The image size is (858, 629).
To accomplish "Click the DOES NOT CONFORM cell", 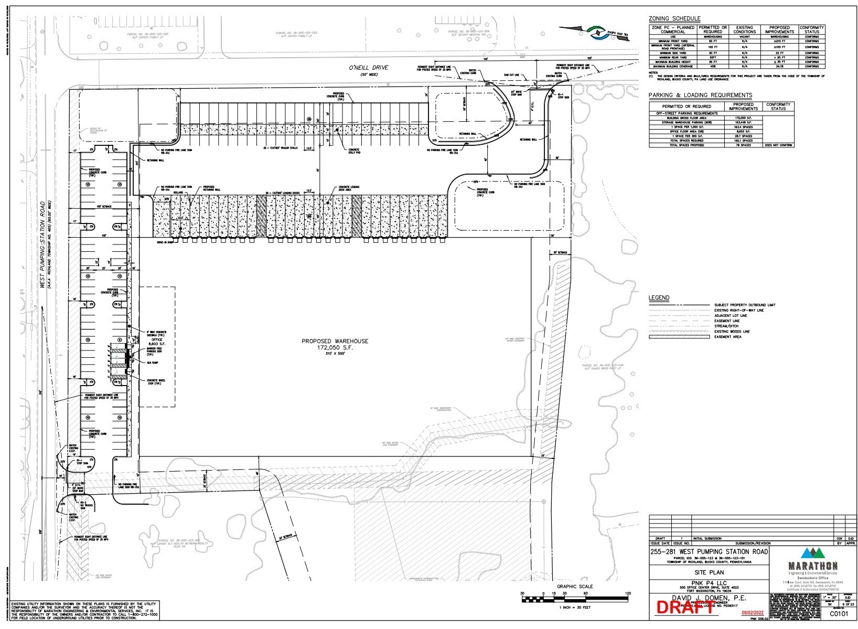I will click(x=778, y=145).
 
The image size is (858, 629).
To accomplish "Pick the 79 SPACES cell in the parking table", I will click(x=744, y=145).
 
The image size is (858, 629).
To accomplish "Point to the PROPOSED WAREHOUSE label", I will click(x=335, y=341).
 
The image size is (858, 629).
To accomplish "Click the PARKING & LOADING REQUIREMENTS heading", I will click(x=700, y=95).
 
